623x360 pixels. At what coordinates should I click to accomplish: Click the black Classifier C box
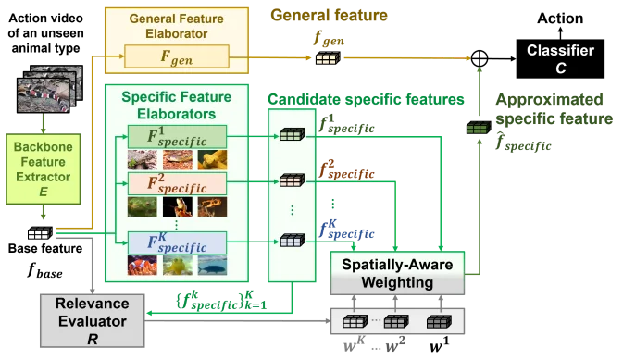tap(560, 58)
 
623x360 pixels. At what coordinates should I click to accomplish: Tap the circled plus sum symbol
tap(480, 58)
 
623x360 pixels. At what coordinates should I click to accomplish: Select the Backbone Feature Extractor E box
tap(43, 168)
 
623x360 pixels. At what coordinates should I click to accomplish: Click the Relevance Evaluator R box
tap(93, 321)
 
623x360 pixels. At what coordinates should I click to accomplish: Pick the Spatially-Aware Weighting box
tap(397, 273)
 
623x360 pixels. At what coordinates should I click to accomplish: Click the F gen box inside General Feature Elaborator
tap(177, 56)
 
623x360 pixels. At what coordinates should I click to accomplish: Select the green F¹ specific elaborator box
tap(177, 137)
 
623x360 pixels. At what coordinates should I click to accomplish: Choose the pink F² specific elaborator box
tap(177, 183)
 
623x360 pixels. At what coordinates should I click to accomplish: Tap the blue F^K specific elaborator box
tap(177, 242)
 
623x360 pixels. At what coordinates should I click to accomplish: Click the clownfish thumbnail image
tap(143, 266)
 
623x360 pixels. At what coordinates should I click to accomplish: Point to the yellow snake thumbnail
tap(212, 160)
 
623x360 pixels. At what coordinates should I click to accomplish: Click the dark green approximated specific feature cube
tap(479, 128)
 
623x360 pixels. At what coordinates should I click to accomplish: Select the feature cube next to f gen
tap(328, 58)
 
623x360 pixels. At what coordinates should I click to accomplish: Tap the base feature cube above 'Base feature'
tap(40, 233)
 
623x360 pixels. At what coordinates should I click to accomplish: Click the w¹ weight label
tap(440, 345)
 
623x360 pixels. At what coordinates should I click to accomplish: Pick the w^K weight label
tap(354, 344)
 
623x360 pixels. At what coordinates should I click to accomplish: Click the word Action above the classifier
tap(560, 19)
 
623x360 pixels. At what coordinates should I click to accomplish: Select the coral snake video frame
tap(44, 95)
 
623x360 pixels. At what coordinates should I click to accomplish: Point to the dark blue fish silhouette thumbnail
tap(212, 266)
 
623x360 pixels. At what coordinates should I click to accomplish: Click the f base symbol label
tap(45, 270)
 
